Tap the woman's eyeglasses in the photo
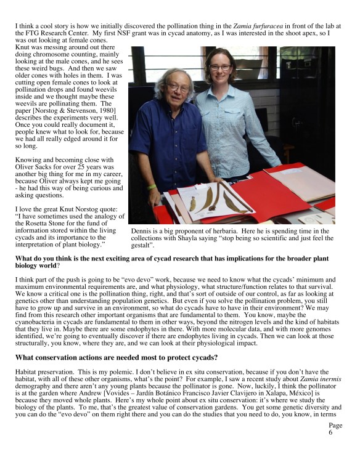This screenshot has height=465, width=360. point(220,67)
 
